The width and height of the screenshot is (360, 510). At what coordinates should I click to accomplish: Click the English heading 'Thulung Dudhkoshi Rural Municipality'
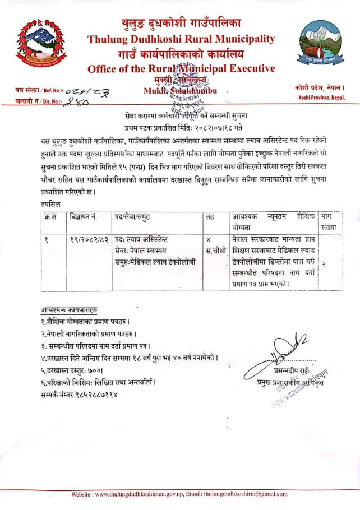tap(181, 39)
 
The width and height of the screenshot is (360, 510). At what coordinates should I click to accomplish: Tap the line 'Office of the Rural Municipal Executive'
tap(181, 69)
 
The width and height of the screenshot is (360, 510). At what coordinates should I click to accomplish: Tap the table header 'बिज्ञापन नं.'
tap(85, 216)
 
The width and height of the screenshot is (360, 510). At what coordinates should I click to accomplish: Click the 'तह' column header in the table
tap(209, 216)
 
